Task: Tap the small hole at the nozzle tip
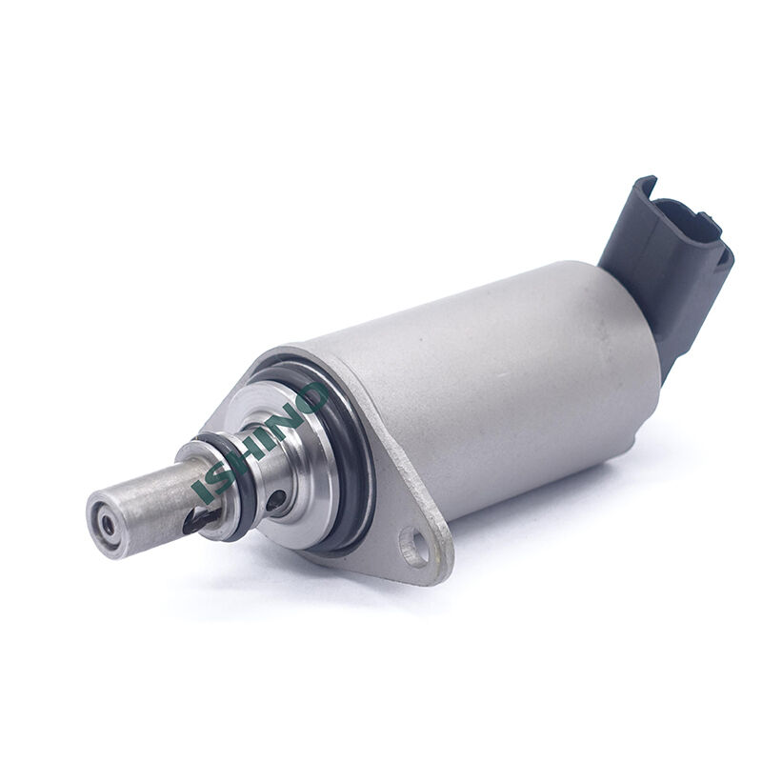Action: pos(107,525)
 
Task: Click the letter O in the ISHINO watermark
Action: pos(308,398)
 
